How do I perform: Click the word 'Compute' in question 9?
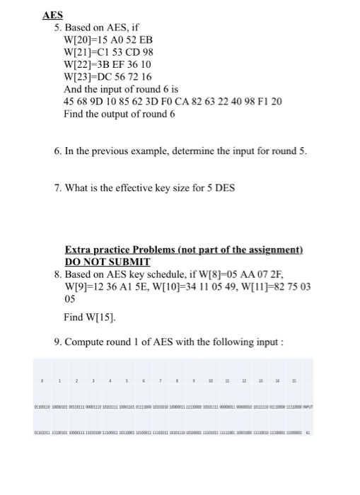pyautogui.click(x=86, y=343)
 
